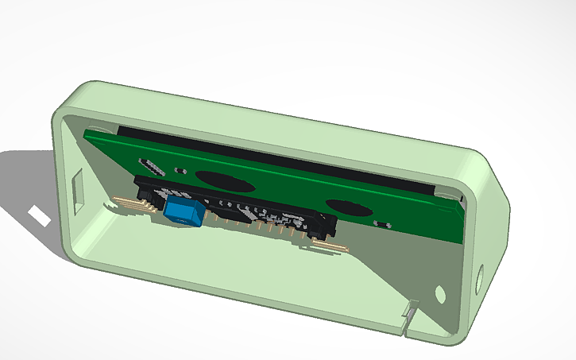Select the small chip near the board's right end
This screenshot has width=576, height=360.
click(382, 225)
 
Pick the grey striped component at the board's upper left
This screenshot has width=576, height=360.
click(151, 167)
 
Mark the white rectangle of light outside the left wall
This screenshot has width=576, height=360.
click(37, 215)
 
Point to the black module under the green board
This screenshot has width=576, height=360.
click(238, 208)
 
